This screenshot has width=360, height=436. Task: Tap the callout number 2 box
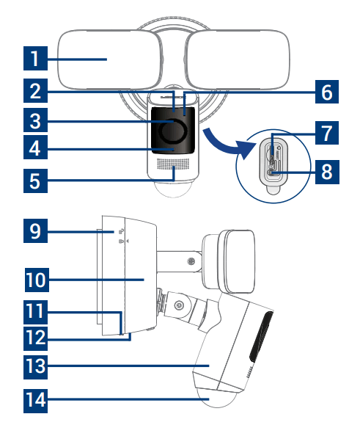pyautogui.click(x=34, y=91)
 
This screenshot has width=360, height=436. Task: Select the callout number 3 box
pyautogui.click(x=34, y=119)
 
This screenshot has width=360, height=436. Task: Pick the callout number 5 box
pyautogui.click(x=34, y=178)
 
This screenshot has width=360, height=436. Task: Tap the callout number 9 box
pyautogui.click(x=34, y=233)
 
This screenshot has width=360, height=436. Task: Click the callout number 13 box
pyautogui.click(x=34, y=365)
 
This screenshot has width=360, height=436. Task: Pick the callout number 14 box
pyautogui.click(x=34, y=400)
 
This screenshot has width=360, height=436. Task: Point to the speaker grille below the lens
pyautogui.click(x=174, y=167)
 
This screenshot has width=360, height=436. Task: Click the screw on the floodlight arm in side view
pyautogui.click(x=191, y=261)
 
